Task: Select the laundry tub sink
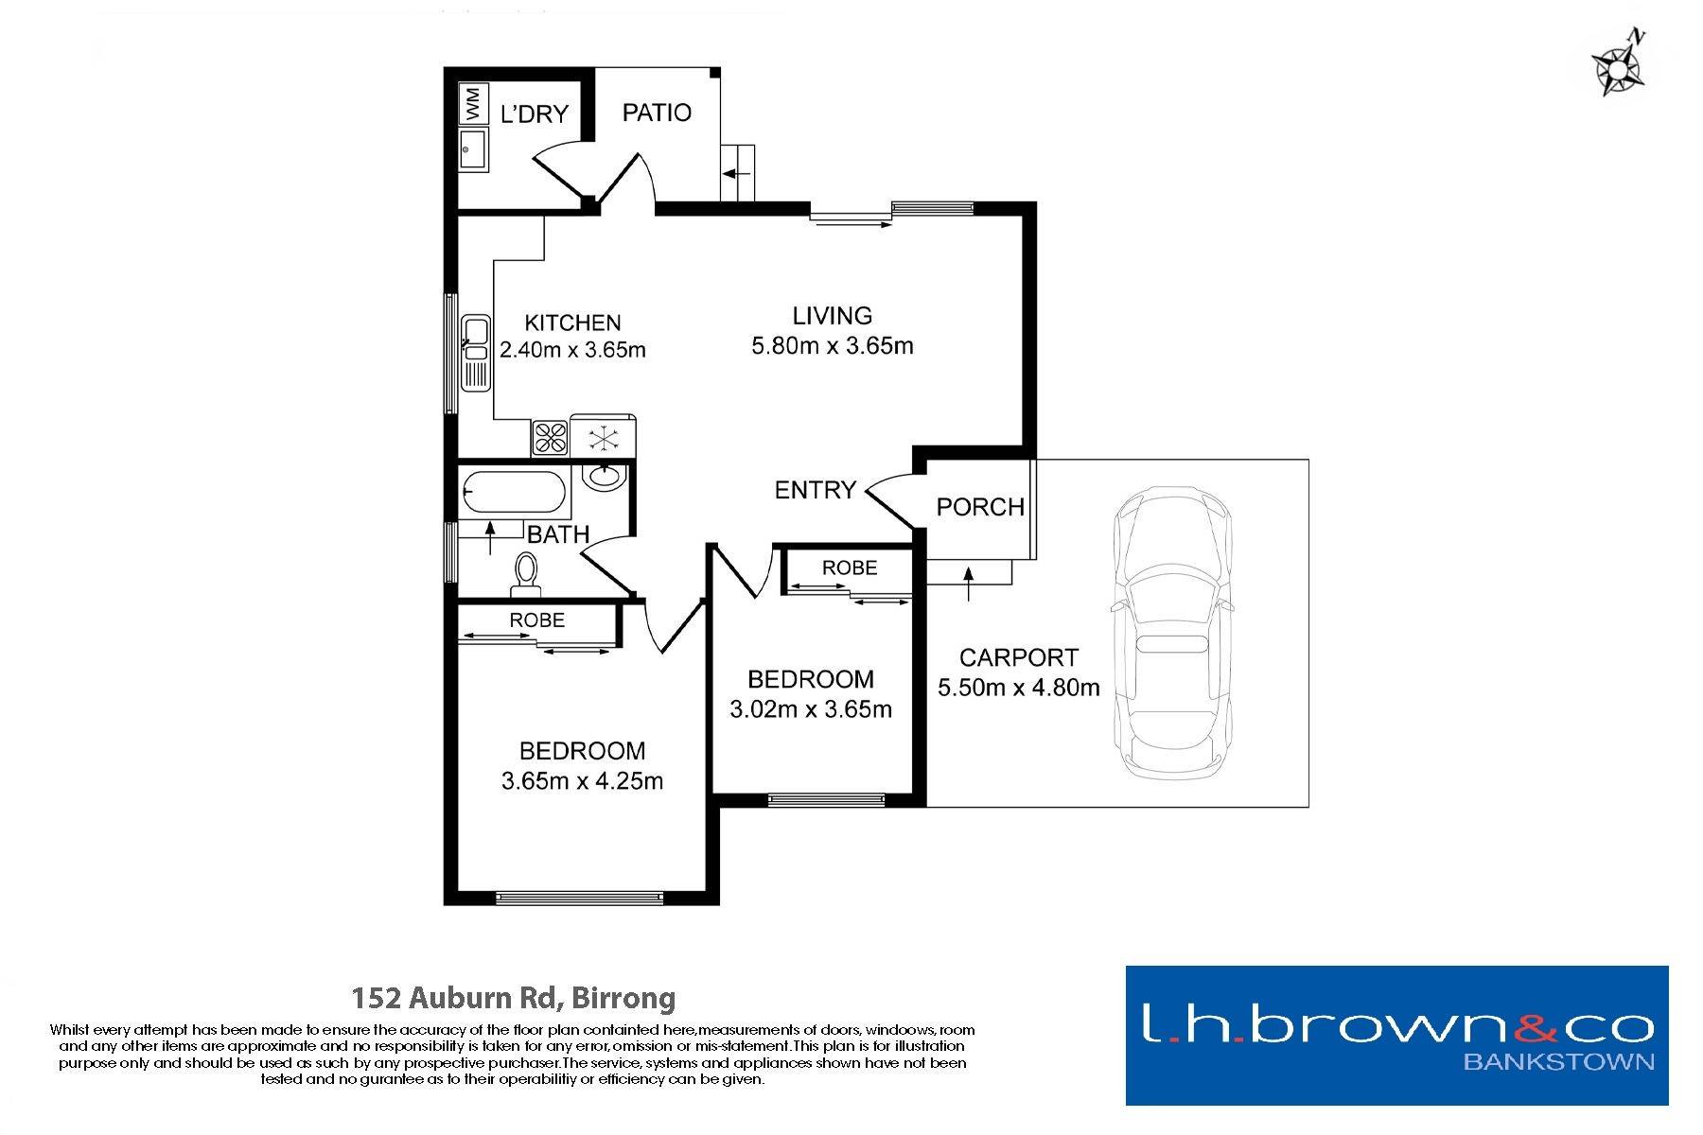(x=474, y=149)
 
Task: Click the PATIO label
(x=657, y=113)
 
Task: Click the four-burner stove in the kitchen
(x=550, y=437)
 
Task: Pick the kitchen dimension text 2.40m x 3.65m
(x=572, y=350)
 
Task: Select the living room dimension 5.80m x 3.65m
(x=833, y=346)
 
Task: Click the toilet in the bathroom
(x=525, y=576)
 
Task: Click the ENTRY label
(x=816, y=490)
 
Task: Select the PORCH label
(x=981, y=507)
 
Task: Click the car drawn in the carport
(x=1173, y=632)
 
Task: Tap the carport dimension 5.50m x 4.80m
(x=1019, y=688)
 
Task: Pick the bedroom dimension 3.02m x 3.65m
(x=811, y=709)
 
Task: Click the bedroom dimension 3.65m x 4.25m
(x=582, y=781)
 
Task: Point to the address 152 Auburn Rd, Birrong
(x=514, y=998)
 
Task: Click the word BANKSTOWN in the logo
(x=1559, y=1061)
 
